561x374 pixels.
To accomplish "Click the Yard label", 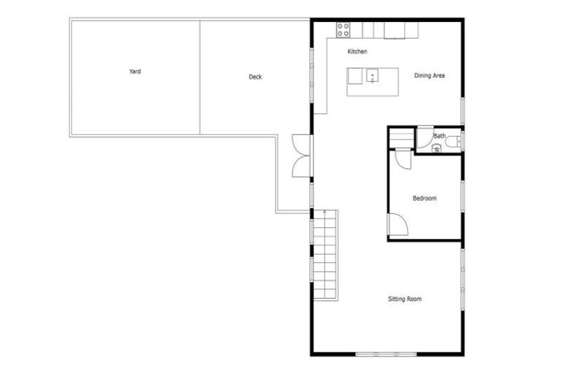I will [x=134, y=72].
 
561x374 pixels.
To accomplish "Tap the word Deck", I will [x=255, y=77].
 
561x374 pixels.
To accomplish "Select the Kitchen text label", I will [x=357, y=52].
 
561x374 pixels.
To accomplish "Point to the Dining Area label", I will [x=430, y=75].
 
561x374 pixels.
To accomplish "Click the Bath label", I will [x=440, y=136].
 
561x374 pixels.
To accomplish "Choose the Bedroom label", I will [x=424, y=198].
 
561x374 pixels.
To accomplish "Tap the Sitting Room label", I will [x=404, y=298].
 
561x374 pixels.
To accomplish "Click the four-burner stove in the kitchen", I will [x=343, y=29].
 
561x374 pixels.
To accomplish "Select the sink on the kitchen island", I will [x=372, y=75].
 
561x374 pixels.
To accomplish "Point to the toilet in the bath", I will [x=453, y=141].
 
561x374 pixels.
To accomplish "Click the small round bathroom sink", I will [x=436, y=148].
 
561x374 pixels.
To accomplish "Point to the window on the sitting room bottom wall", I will [x=386, y=354].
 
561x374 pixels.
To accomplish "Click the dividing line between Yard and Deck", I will [x=200, y=77].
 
